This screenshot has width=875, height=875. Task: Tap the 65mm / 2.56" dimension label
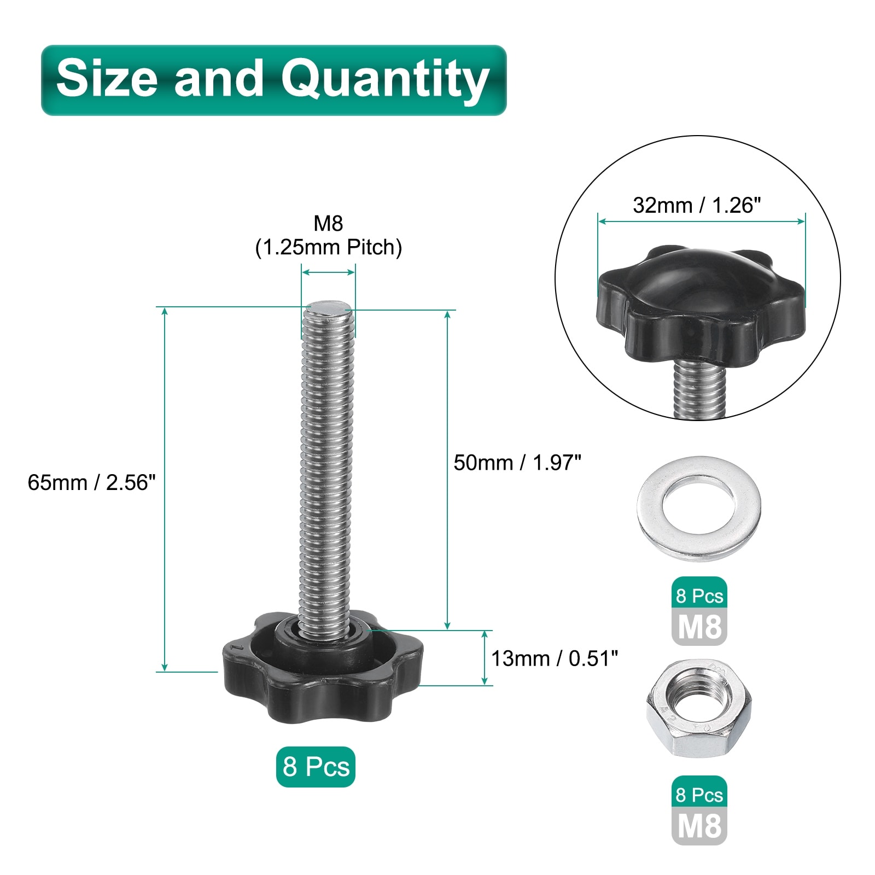click(92, 482)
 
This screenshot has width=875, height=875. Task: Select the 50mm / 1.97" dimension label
click(517, 463)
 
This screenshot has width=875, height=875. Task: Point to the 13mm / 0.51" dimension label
click(555, 658)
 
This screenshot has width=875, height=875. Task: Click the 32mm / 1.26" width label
click(697, 205)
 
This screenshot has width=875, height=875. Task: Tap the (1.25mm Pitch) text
click(329, 248)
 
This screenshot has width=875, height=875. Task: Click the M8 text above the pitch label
click(328, 223)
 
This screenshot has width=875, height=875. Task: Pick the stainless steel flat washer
click(699, 508)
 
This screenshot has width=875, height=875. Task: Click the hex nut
click(699, 709)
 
